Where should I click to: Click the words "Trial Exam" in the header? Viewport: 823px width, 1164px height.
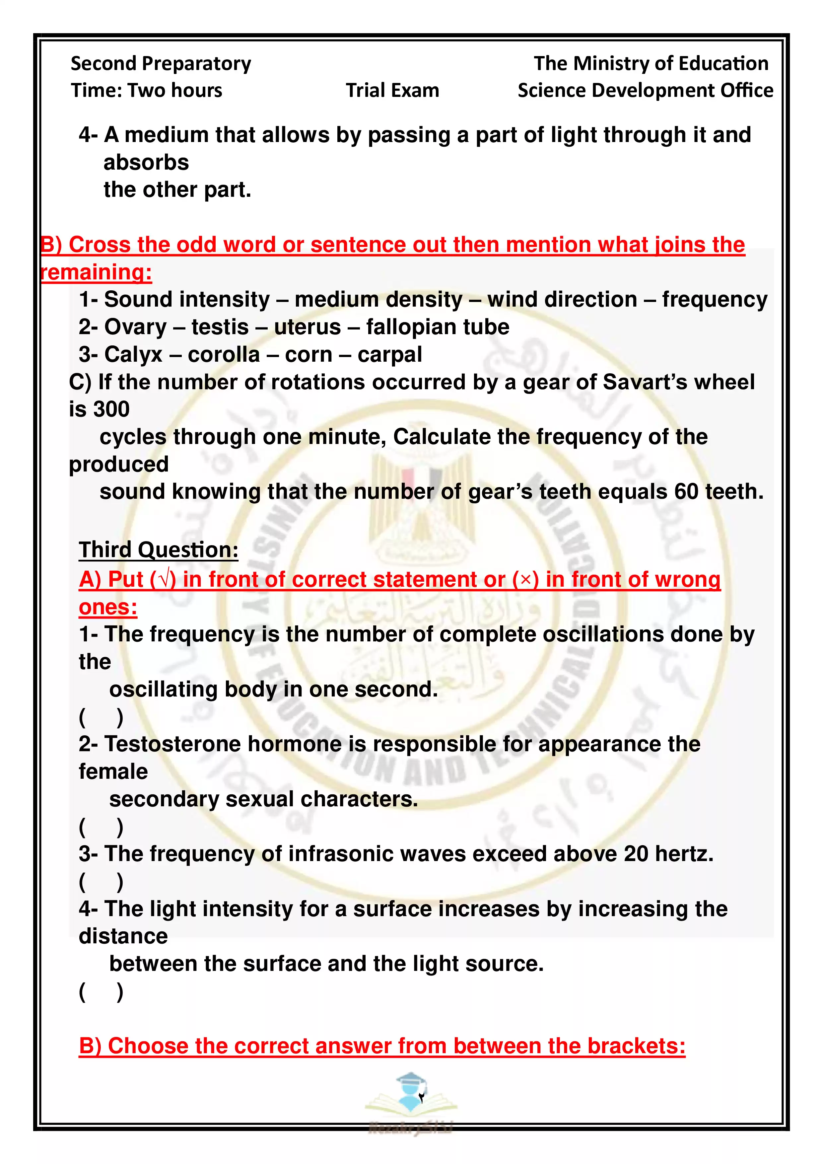click(392, 90)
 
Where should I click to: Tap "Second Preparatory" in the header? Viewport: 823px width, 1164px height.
click(161, 63)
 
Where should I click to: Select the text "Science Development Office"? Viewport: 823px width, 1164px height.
click(645, 90)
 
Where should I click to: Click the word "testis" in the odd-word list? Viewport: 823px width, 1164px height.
click(220, 327)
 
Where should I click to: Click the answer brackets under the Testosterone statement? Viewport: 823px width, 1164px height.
click(101, 827)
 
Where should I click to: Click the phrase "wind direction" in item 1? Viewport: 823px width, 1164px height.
click(562, 300)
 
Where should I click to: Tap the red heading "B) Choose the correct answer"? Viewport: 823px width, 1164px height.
click(381, 1046)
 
